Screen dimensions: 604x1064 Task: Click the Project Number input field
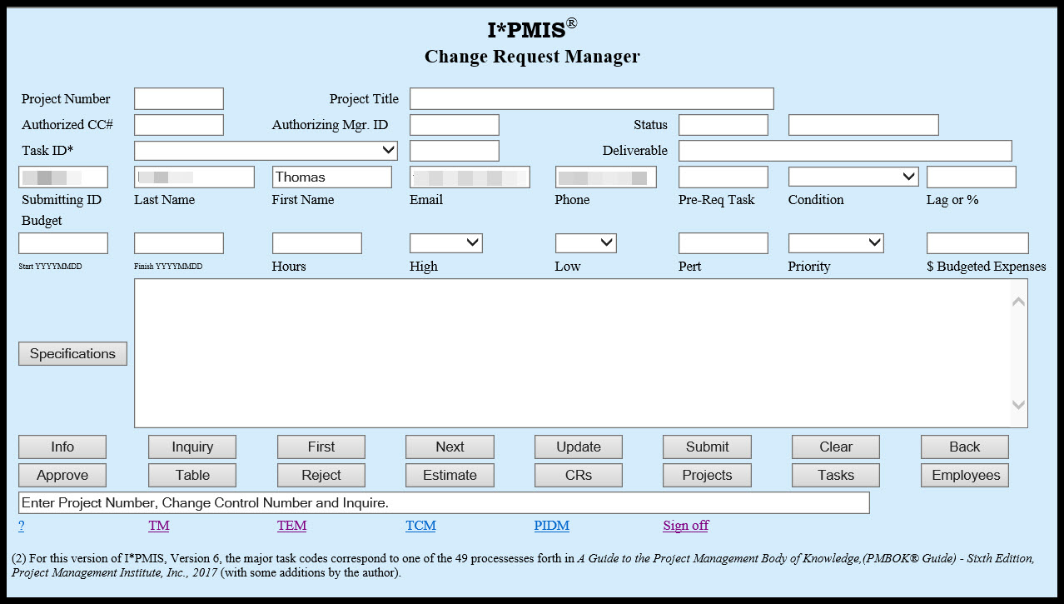[x=178, y=98]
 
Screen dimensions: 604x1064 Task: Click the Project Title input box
[x=591, y=98]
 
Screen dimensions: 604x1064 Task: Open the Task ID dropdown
[x=266, y=150]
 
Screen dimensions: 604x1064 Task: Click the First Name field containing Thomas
[x=331, y=177]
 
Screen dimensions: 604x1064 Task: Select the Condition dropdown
[x=853, y=177]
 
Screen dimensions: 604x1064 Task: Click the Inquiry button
[x=191, y=447]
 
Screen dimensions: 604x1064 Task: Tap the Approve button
[x=62, y=475]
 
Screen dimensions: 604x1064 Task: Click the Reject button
[x=321, y=475]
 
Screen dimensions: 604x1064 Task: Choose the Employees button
[x=965, y=475]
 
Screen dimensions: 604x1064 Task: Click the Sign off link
[x=685, y=526]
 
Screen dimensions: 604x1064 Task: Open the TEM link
[x=291, y=526]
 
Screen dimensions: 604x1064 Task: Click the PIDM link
[x=551, y=526]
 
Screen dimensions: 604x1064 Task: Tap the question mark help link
[x=22, y=526]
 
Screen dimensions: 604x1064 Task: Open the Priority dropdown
[x=835, y=242]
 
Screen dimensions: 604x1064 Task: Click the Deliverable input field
[x=844, y=150]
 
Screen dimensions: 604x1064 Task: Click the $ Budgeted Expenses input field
[x=977, y=242]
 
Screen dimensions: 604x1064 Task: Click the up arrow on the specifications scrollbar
[x=1017, y=302]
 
